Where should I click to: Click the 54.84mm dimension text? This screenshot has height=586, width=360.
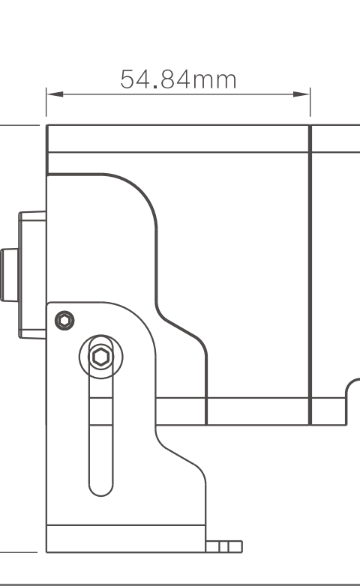178,79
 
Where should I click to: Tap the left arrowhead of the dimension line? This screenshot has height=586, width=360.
55,94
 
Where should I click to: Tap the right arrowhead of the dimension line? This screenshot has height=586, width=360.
301,94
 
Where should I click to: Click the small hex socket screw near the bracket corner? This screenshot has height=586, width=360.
64,321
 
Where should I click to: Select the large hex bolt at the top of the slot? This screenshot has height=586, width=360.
101,357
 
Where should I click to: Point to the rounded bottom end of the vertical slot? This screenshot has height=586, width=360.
101,490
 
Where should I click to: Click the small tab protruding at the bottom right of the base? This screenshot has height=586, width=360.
223,546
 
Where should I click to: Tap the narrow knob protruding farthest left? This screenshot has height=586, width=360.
9,275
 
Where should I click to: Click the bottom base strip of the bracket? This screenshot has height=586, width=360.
126,539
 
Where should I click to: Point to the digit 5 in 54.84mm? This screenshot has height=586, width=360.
127,79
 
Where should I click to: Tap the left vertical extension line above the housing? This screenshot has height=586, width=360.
46,103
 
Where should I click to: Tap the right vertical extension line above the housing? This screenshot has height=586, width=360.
310,103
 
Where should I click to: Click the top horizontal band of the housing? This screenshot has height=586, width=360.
178,139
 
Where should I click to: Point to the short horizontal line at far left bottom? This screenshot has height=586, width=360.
19,552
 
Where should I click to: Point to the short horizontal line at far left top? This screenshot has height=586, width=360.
19,125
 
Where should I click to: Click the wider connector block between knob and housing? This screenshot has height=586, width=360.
32,275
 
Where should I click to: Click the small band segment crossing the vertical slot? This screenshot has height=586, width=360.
101,411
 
